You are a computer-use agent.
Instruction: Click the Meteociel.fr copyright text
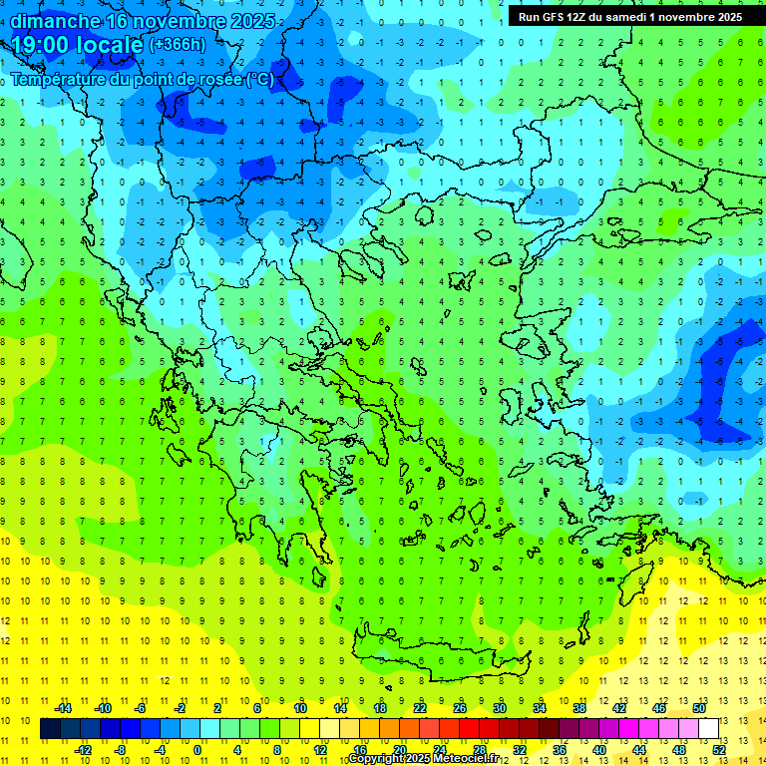click(463, 759)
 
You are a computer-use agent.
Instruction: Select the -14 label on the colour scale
click(62, 707)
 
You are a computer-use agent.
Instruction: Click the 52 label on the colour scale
click(719, 750)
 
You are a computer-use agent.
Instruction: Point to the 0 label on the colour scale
click(196, 750)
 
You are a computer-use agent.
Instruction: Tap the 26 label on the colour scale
click(460, 707)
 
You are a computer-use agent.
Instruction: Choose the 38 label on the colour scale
click(579, 707)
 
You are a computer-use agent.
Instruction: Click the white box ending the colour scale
click(708, 729)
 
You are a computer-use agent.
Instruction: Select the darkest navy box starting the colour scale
click(51, 729)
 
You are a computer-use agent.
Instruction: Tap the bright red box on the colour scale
click(470, 729)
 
